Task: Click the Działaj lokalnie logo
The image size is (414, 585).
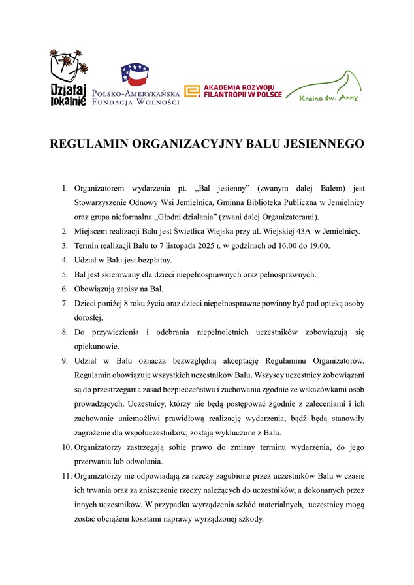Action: point(68,78)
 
